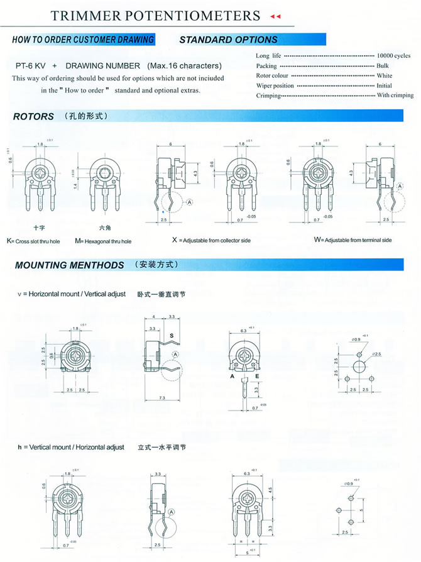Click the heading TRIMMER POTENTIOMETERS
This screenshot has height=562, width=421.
click(x=155, y=15)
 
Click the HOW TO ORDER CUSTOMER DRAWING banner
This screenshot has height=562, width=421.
click(x=83, y=40)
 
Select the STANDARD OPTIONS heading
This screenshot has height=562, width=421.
click(x=228, y=40)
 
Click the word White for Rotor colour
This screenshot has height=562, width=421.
click(x=384, y=75)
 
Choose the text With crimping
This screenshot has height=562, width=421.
click(x=395, y=96)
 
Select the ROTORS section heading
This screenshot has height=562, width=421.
click(x=33, y=116)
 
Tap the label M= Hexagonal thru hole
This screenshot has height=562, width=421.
click(x=103, y=241)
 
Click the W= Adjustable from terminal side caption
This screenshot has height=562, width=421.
click(x=353, y=240)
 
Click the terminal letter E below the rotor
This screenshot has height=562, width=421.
click(x=257, y=376)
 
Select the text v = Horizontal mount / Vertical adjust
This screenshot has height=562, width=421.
click(x=72, y=294)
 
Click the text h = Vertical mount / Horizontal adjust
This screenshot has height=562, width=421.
click(x=71, y=448)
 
